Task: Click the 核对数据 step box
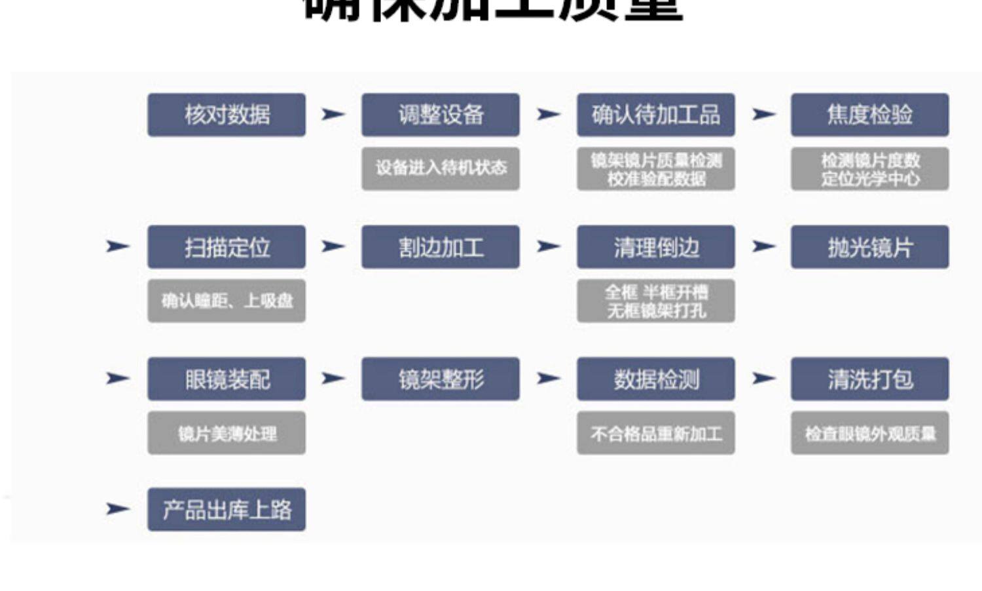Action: click(x=226, y=115)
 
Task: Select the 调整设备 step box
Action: click(x=441, y=115)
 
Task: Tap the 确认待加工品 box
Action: click(x=655, y=115)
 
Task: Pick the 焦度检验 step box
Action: click(x=869, y=115)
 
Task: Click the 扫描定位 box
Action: click(x=226, y=247)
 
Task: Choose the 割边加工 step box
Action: click(x=441, y=247)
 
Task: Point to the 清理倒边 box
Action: click(x=655, y=247)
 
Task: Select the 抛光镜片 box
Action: click(x=869, y=247)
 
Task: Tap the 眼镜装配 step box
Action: click(x=226, y=379)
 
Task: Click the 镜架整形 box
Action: click(x=441, y=379)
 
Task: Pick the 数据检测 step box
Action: click(x=655, y=379)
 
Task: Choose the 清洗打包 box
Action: click(x=869, y=379)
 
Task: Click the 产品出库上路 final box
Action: click(x=226, y=509)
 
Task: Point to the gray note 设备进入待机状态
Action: click(x=441, y=168)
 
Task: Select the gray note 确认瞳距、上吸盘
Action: click(x=226, y=301)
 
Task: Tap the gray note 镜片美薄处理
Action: click(x=226, y=433)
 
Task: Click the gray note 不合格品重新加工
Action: click(x=655, y=433)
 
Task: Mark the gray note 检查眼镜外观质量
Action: click(x=869, y=433)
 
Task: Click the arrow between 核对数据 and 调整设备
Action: click(x=333, y=114)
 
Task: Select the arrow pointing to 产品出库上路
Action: click(x=117, y=508)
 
